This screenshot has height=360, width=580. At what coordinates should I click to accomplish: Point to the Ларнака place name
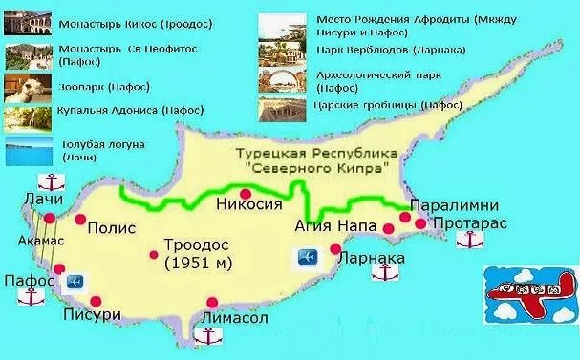(373, 259)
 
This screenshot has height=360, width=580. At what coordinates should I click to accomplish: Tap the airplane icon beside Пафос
(75, 282)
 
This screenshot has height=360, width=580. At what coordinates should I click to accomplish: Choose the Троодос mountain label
(196, 244)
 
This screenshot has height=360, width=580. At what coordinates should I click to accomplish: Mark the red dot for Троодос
(155, 254)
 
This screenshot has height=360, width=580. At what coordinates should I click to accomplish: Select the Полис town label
(112, 229)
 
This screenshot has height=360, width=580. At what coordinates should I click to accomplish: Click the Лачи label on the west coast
(45, 201)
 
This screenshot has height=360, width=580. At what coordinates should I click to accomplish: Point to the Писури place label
(90, 314)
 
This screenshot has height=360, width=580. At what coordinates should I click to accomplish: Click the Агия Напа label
(333, 226)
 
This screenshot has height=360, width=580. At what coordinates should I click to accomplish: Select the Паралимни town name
(442, 205)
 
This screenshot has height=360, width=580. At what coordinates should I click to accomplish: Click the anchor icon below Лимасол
(207, 335)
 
